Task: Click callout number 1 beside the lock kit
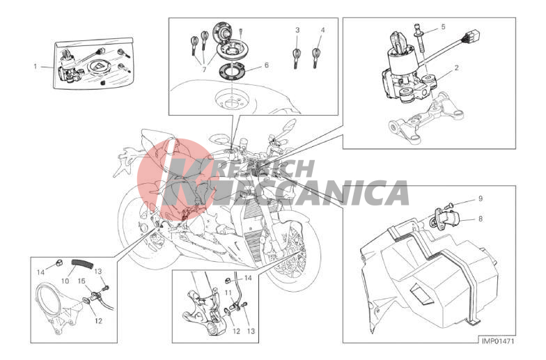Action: pos(35,66)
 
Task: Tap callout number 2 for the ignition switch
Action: pos(456,68)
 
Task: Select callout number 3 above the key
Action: pos(297,31)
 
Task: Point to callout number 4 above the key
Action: pos(323,31)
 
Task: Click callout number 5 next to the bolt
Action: pos(443,26)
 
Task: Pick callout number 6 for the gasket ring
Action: pos(266,65)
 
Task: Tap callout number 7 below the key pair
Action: pos(205,70)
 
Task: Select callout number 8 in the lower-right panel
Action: pos(481,219)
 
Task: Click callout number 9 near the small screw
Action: pos(481,199)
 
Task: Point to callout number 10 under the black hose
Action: pos(65,280)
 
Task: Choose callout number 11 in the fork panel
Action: pos(228,292)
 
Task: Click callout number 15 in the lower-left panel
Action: pos(81,280)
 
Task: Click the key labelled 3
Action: pos(297,57)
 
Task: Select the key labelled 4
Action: pos(316,57)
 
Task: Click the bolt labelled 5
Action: pos(419,38)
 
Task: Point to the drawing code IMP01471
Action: pos(498,341)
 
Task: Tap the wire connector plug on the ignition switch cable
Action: pos(474,35)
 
